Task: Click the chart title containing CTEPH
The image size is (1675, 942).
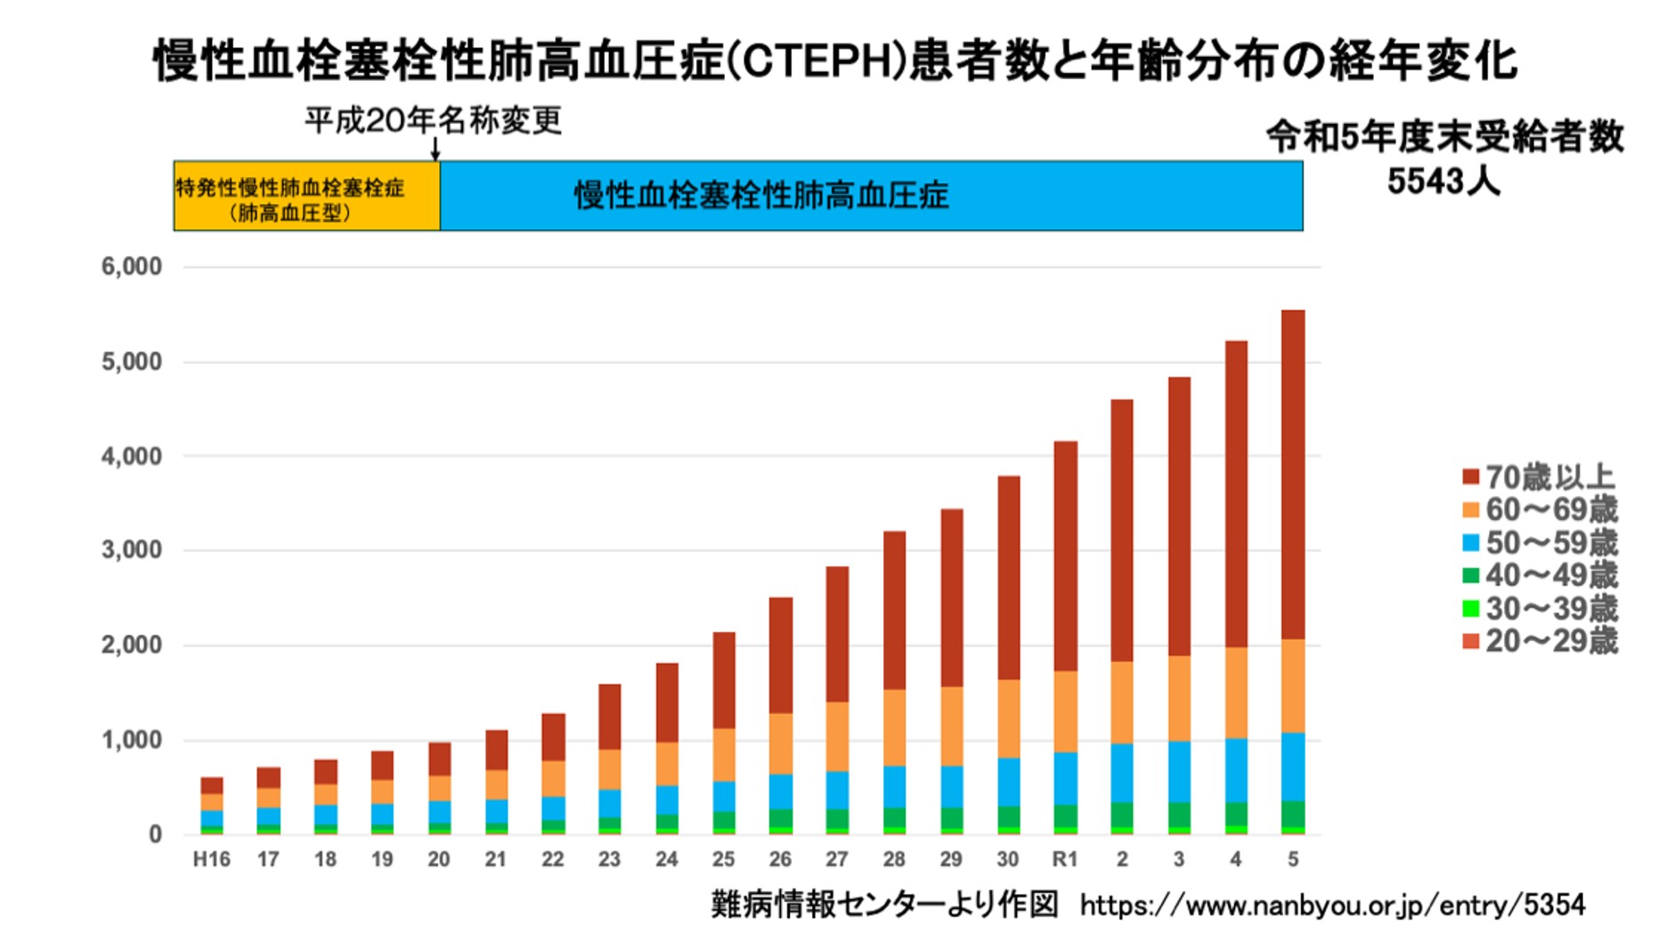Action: click(835, 61)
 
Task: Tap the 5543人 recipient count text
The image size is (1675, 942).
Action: click(1443, 182)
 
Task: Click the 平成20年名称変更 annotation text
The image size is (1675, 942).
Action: click(433, 120)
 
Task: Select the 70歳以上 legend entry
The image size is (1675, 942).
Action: click(1539, 477)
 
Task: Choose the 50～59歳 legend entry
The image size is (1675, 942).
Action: click(1539, 543)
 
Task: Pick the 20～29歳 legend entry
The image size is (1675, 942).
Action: click(1539, 641)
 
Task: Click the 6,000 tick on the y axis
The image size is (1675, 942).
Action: click(132, 266)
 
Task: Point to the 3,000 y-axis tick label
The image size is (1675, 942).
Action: click(132, 550)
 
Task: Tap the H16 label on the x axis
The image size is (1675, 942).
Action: click(211, 859)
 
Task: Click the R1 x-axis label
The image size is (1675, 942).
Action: click(1065, 859)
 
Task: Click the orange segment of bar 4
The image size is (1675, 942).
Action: click(1236, 693)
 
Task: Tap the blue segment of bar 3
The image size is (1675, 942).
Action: click(1179, 771)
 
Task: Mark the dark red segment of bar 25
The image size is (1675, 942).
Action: click(724, 679)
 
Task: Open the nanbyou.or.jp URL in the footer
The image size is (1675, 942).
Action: click(1332, 905)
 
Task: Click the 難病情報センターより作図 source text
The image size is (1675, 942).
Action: click(884, 905)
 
